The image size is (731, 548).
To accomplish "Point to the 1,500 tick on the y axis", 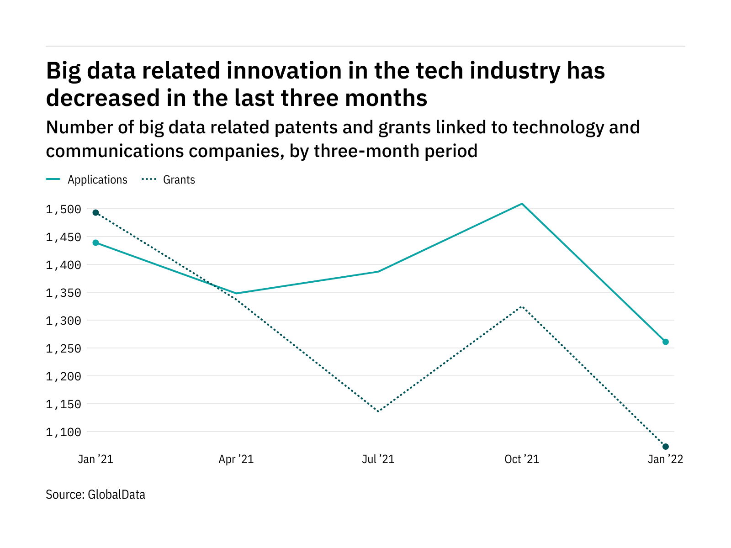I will point(63,210).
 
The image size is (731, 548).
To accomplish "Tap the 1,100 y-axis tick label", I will point(63,432).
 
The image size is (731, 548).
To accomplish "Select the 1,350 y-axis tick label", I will point(63,293).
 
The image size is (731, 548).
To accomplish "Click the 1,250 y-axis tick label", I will point(63,349).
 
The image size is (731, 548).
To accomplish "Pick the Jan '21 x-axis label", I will point(95,459).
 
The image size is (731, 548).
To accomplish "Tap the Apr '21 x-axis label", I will point(236,459).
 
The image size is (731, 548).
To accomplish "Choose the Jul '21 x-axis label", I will point(378,459).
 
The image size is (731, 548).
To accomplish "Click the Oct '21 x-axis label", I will point(522,459).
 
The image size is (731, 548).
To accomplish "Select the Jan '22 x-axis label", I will point(665,459).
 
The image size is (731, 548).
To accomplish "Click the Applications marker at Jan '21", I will point(95,242).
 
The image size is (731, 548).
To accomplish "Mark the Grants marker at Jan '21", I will point(95,212).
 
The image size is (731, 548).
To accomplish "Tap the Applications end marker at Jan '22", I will point(666,342).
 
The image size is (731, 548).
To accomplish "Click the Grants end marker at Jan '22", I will point(666,447).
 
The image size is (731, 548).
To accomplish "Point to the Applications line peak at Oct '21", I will point(522,204).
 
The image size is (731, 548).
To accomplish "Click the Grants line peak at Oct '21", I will point(522,306).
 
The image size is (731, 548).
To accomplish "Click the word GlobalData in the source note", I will point(117,495).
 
